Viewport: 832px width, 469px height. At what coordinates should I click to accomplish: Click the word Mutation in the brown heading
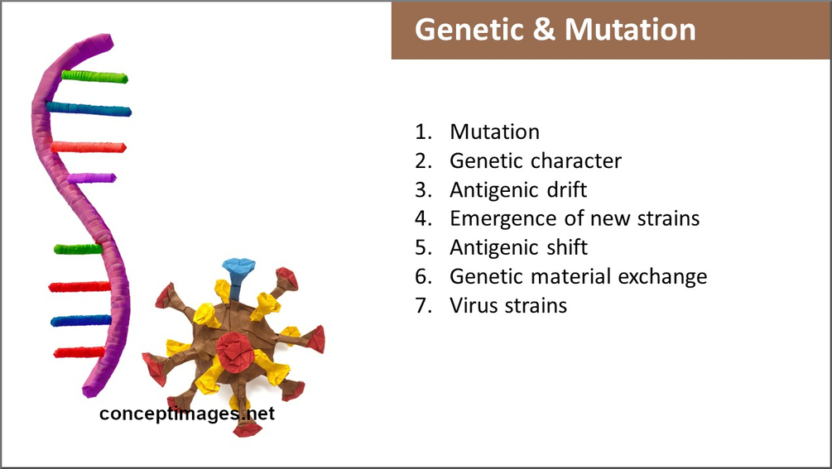tap(630, 30)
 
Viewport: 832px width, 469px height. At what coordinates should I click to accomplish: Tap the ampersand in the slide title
tap(544, 30)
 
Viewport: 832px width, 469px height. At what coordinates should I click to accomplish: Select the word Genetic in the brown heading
tap(469, 30)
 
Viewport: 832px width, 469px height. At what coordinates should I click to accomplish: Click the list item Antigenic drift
tap(518, 189)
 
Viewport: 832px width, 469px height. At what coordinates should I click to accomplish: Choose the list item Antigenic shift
tap(518, 247)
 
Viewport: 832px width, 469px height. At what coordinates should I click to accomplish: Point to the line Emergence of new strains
tap(575, 218)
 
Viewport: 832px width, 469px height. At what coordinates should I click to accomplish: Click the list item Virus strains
tap(508, 306)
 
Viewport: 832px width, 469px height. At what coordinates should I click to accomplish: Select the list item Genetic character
tap(536, 160)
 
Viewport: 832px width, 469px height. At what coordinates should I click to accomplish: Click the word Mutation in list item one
tap(494, 132)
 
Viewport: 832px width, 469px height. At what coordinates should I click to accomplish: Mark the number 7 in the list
tap(422, 306)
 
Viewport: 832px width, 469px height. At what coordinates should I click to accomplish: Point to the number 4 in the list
tap(422, 218)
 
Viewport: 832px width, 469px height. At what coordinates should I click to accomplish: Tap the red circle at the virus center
tap(235, 352)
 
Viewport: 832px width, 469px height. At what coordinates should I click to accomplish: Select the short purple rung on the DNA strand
tap(92, 178)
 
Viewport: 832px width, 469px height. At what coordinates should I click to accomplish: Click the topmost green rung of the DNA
tap(94, 77)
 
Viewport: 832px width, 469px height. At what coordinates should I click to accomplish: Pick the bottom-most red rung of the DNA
tap(79, 352)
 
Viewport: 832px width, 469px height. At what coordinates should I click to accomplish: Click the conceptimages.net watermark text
tap(187, 414)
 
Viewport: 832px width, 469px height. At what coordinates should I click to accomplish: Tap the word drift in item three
tap(567, 189)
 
